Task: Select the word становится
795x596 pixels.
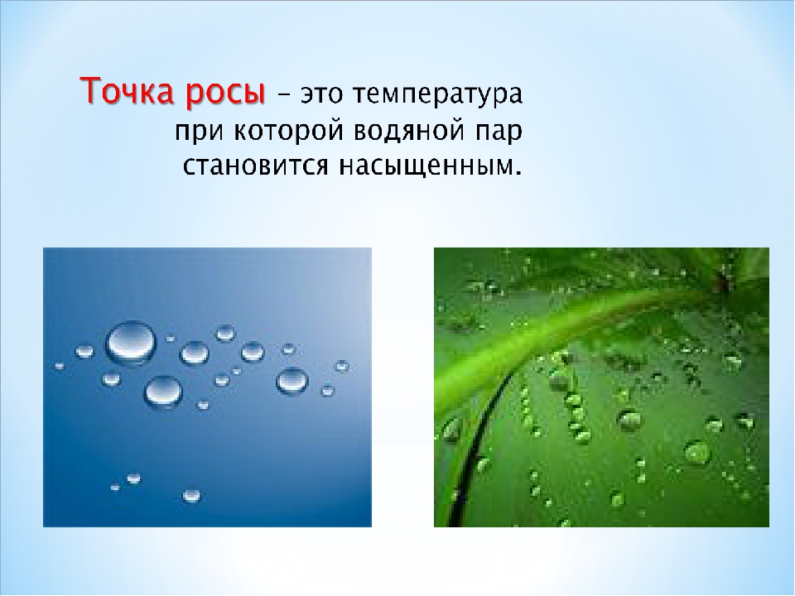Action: tap(256, 166)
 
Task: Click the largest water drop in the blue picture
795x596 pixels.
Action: tap(131, 343)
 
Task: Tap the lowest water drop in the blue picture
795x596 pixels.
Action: tap(191, 495)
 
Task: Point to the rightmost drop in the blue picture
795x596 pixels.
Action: tap(342, 366)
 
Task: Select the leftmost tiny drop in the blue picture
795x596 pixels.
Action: tap(60, 365)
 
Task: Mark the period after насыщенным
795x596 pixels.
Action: tap(518, 173)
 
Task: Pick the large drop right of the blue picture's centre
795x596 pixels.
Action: tap(292, 381)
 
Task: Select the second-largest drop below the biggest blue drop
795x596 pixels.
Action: tap(163, 392)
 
